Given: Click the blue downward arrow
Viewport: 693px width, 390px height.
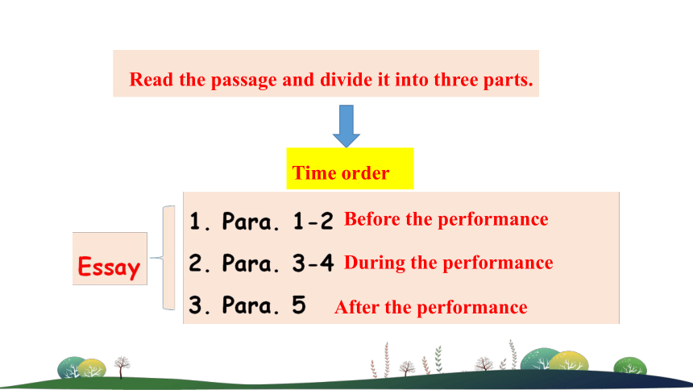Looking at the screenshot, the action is tap(346, 126).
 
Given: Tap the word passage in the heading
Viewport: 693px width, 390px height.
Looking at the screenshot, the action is tap(244, 81).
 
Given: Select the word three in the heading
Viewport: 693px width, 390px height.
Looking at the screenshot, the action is tap(455, 80).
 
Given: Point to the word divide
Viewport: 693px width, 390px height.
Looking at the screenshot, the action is tap(346, 80).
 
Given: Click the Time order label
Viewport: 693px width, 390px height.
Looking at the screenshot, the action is tap(341, 173).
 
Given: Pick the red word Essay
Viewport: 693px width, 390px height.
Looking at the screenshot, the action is tap(109, 267).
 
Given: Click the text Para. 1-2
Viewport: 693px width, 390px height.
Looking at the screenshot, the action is tap(277, 221).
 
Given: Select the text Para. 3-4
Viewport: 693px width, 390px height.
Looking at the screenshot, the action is tap(278, 263).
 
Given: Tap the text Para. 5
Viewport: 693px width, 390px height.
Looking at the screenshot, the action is tap(264, 305).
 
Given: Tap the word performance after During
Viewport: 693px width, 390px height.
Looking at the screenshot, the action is tap(498, 263).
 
